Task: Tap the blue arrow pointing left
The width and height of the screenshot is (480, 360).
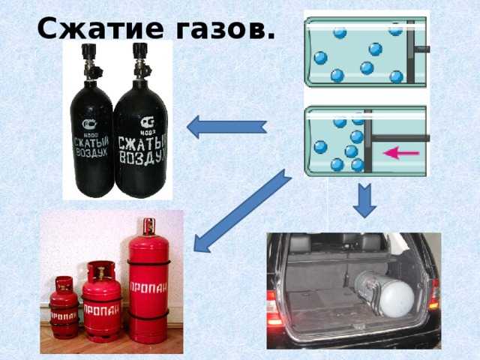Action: pyautogui.click(x=226, y=127)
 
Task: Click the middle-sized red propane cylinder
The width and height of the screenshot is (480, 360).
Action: pyautogui.click(x=101, y=304)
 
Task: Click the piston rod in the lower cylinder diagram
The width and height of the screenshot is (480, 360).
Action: pyautogui.click(x=401, y=138)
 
